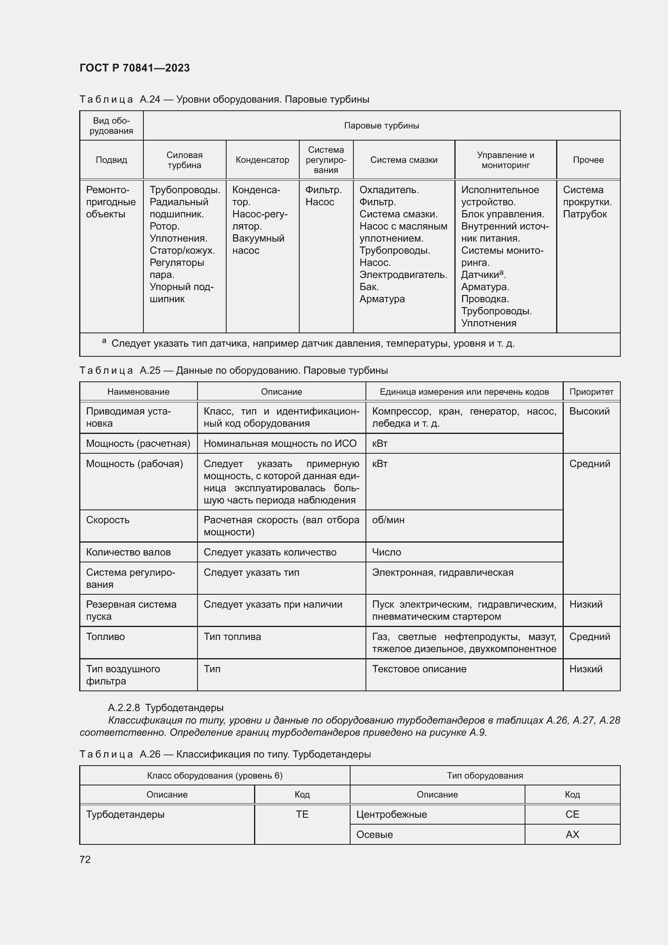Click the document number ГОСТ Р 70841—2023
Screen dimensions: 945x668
click(x=134, y=68)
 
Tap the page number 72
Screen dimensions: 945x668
click(x=85, y=859)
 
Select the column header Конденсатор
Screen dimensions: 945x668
click(x=262, y=160)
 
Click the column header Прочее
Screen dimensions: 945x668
click(x=588, y=160)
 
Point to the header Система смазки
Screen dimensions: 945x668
click(x=403, y=160)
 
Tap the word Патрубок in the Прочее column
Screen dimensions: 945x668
click(x=584, y=214)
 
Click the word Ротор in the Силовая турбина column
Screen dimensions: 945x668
click(x=164, y=226)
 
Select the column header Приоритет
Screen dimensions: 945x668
click(x=591, y=391)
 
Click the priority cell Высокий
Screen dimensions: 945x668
click(x=589, y=411)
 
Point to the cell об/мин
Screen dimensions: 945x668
click(x=388, y=520)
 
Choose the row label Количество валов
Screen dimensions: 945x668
click(x=128, y=552)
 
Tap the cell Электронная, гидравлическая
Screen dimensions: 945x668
click(x=442, y=572)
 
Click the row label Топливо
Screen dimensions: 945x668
click(x=105, y=636)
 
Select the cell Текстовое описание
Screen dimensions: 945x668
click(x=419, y=669)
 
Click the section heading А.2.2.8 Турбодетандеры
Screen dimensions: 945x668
click(x=165, y=707)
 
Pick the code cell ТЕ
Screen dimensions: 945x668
click(x=302, y=814)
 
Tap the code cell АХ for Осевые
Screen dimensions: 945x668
click(x=572, y=834)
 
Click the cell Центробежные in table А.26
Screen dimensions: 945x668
click(x=391, y=814)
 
